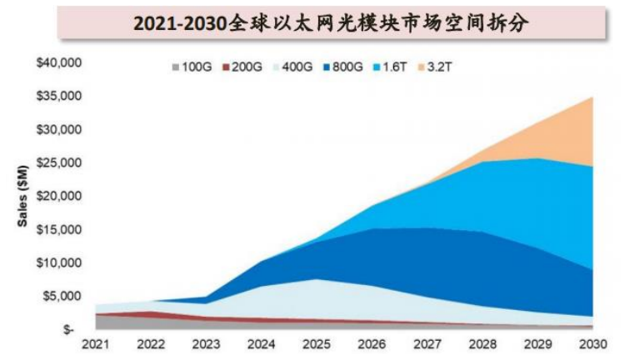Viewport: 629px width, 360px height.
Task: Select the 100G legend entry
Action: (189, 67)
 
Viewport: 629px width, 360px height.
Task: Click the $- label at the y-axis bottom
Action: (73, 331)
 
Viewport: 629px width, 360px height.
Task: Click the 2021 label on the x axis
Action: (97, 344)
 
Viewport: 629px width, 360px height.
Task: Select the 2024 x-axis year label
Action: (262, 344)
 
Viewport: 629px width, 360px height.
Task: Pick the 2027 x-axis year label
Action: (427, 344)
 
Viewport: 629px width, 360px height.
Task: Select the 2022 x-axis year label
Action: (152, 344)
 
